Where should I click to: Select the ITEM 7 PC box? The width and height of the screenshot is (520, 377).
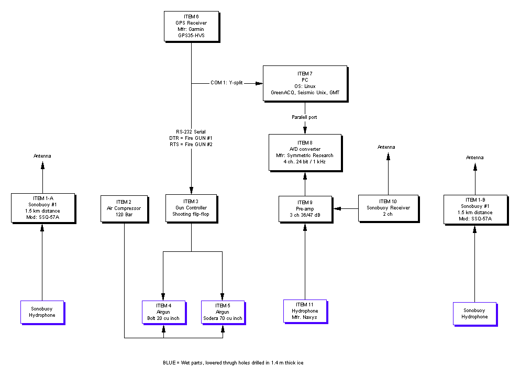click(305, 83)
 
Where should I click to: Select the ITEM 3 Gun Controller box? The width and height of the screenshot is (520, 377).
click(191, 208)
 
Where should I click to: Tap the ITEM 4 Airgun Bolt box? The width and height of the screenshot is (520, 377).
click(163, 312)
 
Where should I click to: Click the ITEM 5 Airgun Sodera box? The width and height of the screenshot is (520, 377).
click(223, 312)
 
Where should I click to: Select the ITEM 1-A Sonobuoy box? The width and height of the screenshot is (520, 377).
click(42, 208)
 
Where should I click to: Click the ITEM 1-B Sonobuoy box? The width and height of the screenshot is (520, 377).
click(475, 209)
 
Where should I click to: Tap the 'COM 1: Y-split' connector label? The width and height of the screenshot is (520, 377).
click(227, 83)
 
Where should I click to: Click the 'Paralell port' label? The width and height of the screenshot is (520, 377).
click(304, 117)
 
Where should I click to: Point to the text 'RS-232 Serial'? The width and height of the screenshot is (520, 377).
click(191, 131)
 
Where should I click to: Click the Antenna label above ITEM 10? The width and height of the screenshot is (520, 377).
click(387, 147)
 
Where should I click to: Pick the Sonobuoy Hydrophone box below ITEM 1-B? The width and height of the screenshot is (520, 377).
click(474, 314)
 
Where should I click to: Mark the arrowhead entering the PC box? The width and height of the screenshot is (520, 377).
click(259, 83)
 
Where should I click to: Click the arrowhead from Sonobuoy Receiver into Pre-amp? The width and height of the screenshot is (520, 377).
click(338, 209)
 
